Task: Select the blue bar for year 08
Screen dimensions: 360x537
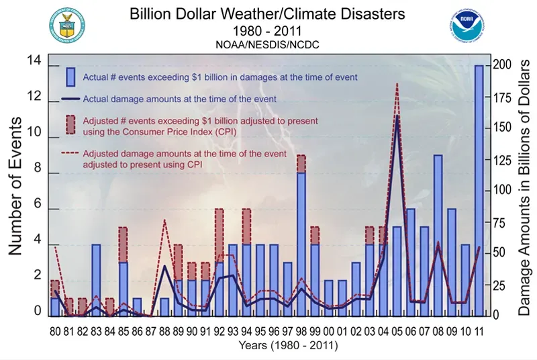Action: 438,235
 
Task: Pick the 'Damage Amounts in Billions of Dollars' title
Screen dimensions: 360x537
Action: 526,187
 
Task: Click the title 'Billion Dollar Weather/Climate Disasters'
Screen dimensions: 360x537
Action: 268,14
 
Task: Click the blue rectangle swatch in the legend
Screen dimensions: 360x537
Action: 70,77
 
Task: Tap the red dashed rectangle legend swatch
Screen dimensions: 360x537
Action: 70,124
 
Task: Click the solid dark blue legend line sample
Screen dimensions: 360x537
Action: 70,99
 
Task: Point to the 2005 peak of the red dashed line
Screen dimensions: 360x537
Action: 397,84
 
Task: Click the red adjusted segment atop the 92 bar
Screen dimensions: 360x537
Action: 219,235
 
